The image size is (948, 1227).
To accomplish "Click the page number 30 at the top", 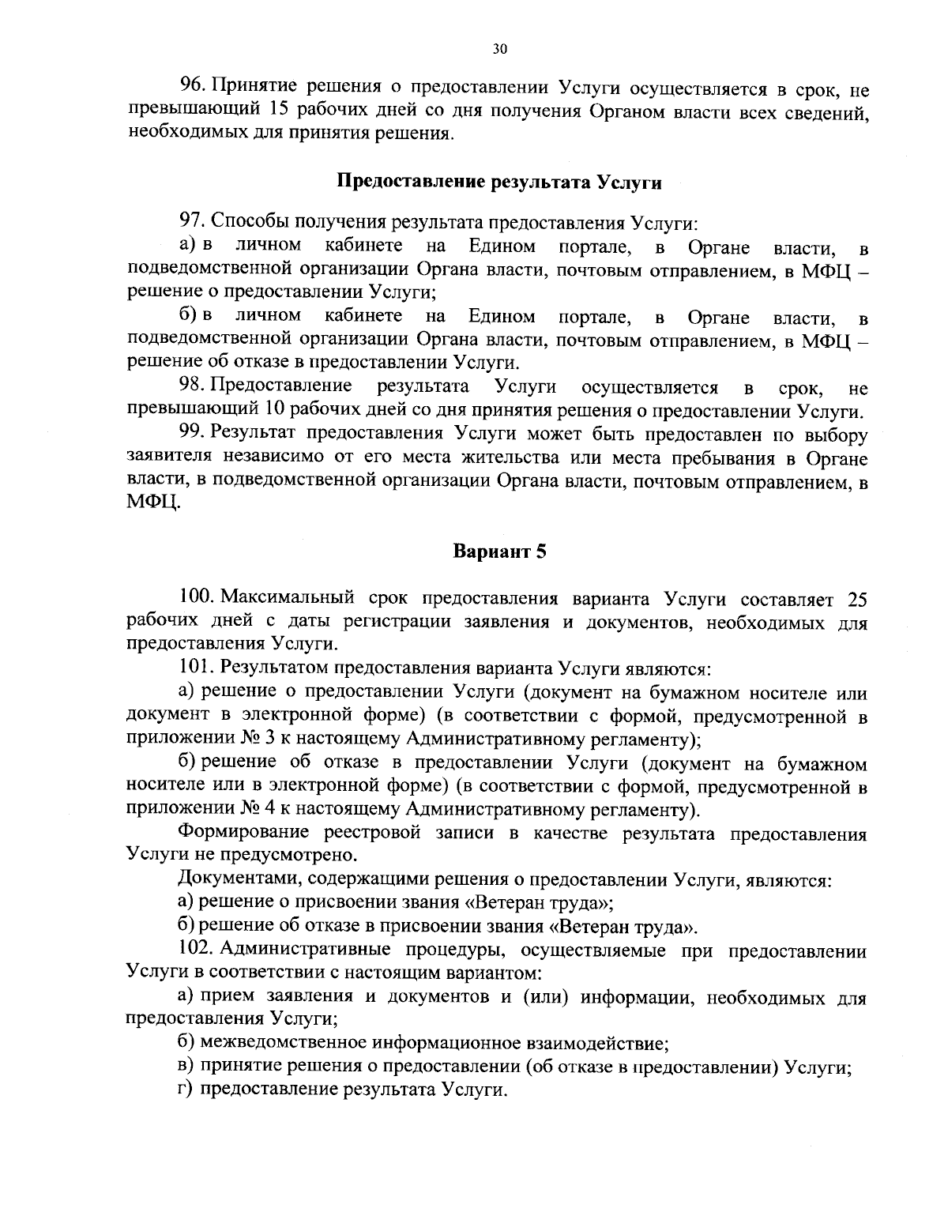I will click(x=498, y=49).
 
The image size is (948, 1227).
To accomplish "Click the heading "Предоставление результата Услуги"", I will click(x=499, y=182).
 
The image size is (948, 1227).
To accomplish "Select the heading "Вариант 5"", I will click(x=499, y=551).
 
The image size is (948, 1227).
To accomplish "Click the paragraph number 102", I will click(x=197, y=950).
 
